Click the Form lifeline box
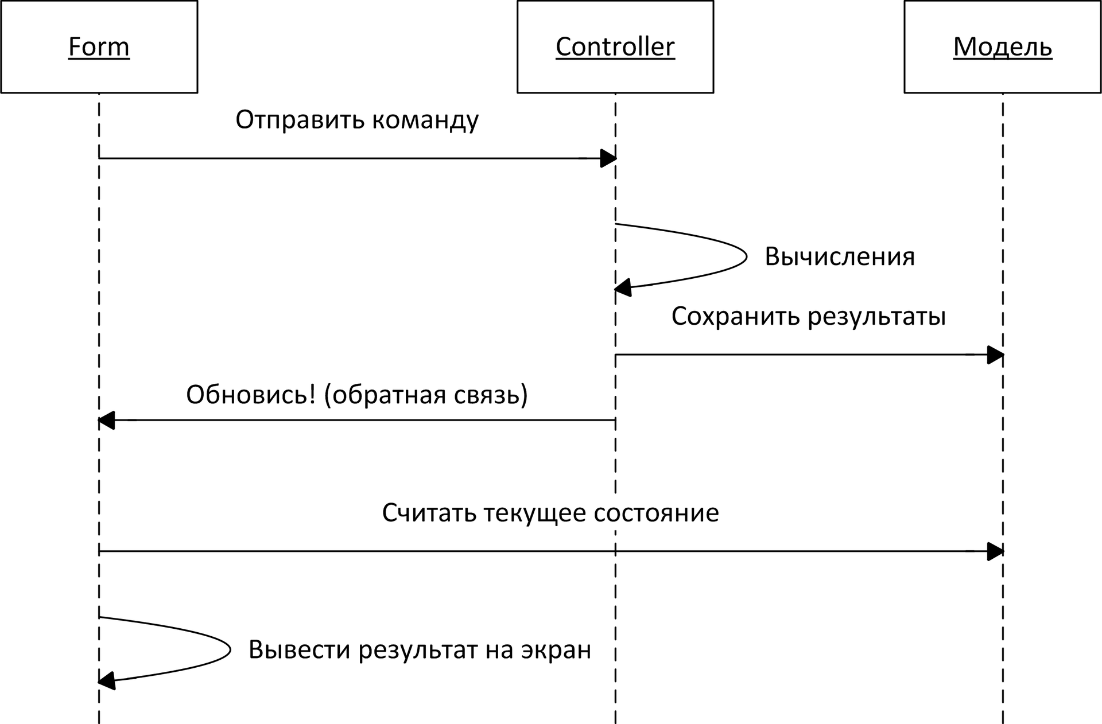click(99, 47)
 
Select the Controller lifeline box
click(615, 47)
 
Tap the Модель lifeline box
click(1002, 47)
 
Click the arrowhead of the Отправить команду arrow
click(608, 158)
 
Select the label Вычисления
click(839, 256)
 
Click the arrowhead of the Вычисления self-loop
click(623, 287)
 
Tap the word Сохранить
click(736, 316)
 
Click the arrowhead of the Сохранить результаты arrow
click(995, 355)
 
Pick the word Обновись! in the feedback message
click(251, 395)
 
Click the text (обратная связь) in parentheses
click(426, 395)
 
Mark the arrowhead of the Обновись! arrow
click(107, 421)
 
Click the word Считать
click(429, 513)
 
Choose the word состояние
click(656, 513)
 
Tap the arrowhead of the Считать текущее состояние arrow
click(995, 552)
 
